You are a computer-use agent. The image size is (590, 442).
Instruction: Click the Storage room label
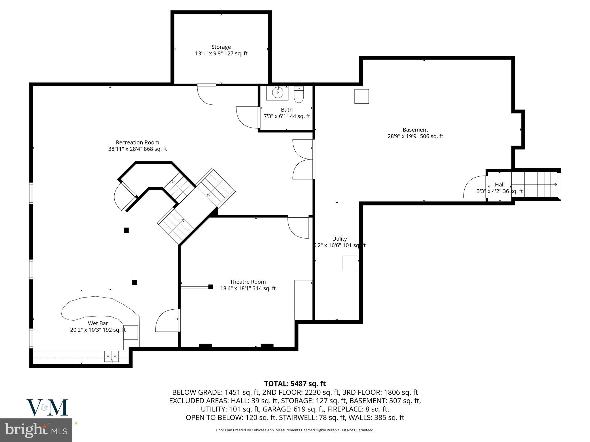tap(221, 47)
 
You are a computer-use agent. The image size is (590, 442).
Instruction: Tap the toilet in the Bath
tap(299, 95)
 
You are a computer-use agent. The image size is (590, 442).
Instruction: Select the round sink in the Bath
tap(277, 93)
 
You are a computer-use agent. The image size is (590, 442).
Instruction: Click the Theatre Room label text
tap(248, 282)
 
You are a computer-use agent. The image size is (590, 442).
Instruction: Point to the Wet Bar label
tap(98, 323)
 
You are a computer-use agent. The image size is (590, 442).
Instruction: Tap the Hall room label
tap(500, 185)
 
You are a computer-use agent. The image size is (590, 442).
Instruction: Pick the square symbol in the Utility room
tap(350, 263)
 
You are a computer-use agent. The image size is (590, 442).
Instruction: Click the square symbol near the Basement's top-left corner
tap(361, 96)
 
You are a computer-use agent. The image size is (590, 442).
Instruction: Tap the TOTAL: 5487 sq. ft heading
tap(295, 384)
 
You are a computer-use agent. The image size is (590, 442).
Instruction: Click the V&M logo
tap(47, 407)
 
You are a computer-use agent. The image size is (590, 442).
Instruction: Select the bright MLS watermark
tap(36, 430)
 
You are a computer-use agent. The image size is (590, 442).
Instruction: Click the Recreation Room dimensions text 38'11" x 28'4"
tap(137, 149)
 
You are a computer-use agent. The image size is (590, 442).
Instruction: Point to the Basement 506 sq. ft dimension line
tap(415, 136)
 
